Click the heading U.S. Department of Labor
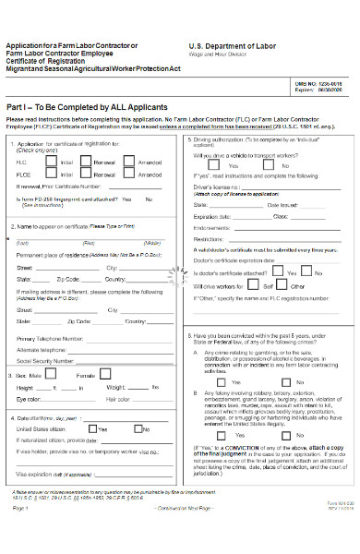(x=233, y=45)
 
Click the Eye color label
(x=34, y=399)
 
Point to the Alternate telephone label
(x=44, y=349)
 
